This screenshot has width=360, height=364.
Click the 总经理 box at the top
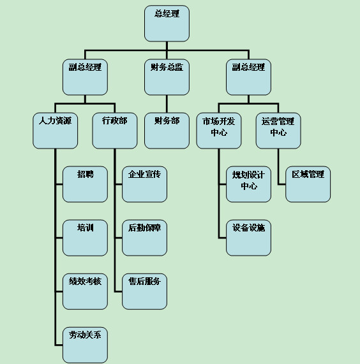pyautogui.click(x=167, y=24)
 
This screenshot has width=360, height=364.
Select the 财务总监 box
pyautogui.click(x=167, y=77)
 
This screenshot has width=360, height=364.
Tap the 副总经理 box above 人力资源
pyautogui.click(x=85, y=77)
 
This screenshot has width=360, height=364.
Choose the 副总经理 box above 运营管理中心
pyautogui.click(x=248, y=77)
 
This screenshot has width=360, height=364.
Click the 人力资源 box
pyautogui.click(x=56, y=131)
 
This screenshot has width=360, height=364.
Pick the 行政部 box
pyautogui.click(x=115, y=131)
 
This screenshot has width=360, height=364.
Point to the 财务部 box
pyautogui.click(x=167, y=131)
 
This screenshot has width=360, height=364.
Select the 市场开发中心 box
pyautogui.click(x=219, y=131)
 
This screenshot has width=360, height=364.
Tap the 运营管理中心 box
pyautogui.click(x=278, y=131)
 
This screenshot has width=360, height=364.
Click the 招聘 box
pyautogui.click(x=85, y=184)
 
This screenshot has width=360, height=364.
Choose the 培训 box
pyautogui.click(x=85, y=238)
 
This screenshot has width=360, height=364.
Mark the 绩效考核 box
pyautogui.click(x=85, y=291)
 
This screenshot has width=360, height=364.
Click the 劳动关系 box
pyautogui.click(x=85, y=346)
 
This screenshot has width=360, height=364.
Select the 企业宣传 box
pyautogui.click(x=144, y=184)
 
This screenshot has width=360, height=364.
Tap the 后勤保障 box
pyautogui.click(x=144, y=238)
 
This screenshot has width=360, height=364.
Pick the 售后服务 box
pyautogui.click(x=144, y=291)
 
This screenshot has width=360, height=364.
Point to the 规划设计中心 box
pyautogui.click(x=248, y=184)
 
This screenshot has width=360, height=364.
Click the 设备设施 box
pyautogui.click(x=248, y=238)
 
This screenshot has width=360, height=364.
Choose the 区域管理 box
pyautogui.click(x=308, y=184)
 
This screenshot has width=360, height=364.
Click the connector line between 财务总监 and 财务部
pyautogui.click(x=167, y=104)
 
